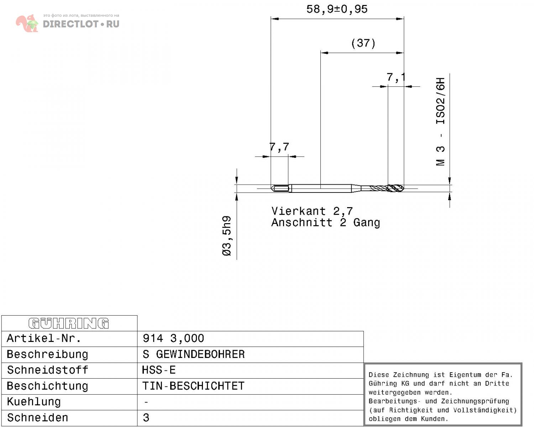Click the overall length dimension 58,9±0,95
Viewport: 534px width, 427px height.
click(337, 9)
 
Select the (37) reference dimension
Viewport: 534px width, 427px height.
click(363, 43)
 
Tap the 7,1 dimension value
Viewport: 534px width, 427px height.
click(396, 78)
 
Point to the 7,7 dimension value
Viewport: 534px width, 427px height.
click(279, 147)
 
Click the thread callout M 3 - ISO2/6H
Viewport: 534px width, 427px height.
click(440, 122)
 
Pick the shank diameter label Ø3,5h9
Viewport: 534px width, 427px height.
click(227, 236)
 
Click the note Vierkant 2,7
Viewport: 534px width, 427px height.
click(312, 211)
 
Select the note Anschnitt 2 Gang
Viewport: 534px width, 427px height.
click(325, 222)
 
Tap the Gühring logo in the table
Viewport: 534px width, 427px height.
click(69, 323)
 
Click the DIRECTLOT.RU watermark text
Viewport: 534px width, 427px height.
click(81, 24)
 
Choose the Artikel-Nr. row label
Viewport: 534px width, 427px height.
click(44, 339)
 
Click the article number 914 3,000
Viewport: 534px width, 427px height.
click(173, 339)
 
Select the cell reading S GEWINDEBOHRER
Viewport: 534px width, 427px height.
click(194, 354)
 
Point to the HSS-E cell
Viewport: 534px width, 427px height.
click(159, 370)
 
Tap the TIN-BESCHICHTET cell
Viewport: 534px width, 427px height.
click(193, 386)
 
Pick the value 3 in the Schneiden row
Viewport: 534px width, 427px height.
click(146, 418)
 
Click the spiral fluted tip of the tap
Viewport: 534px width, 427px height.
click(396, 189)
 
